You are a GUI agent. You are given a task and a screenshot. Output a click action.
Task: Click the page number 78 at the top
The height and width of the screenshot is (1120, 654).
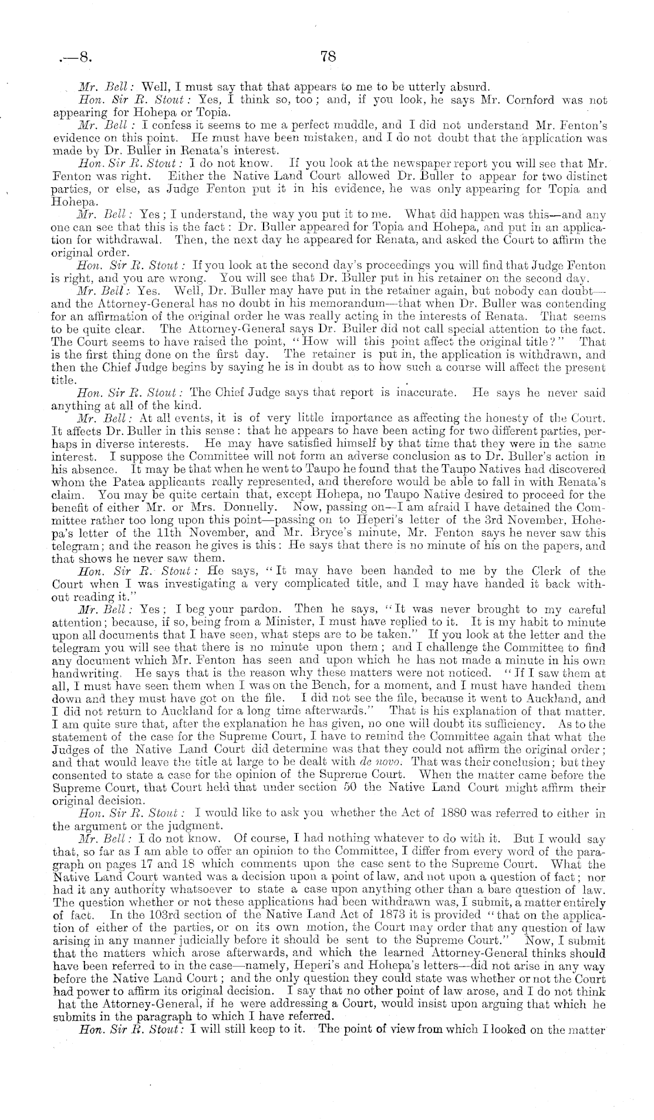point(328,56)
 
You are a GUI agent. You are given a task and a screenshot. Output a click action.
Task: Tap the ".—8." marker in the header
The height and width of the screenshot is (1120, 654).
point(73,58)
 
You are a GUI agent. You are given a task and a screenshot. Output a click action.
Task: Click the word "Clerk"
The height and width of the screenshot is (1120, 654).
point(524,571)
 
